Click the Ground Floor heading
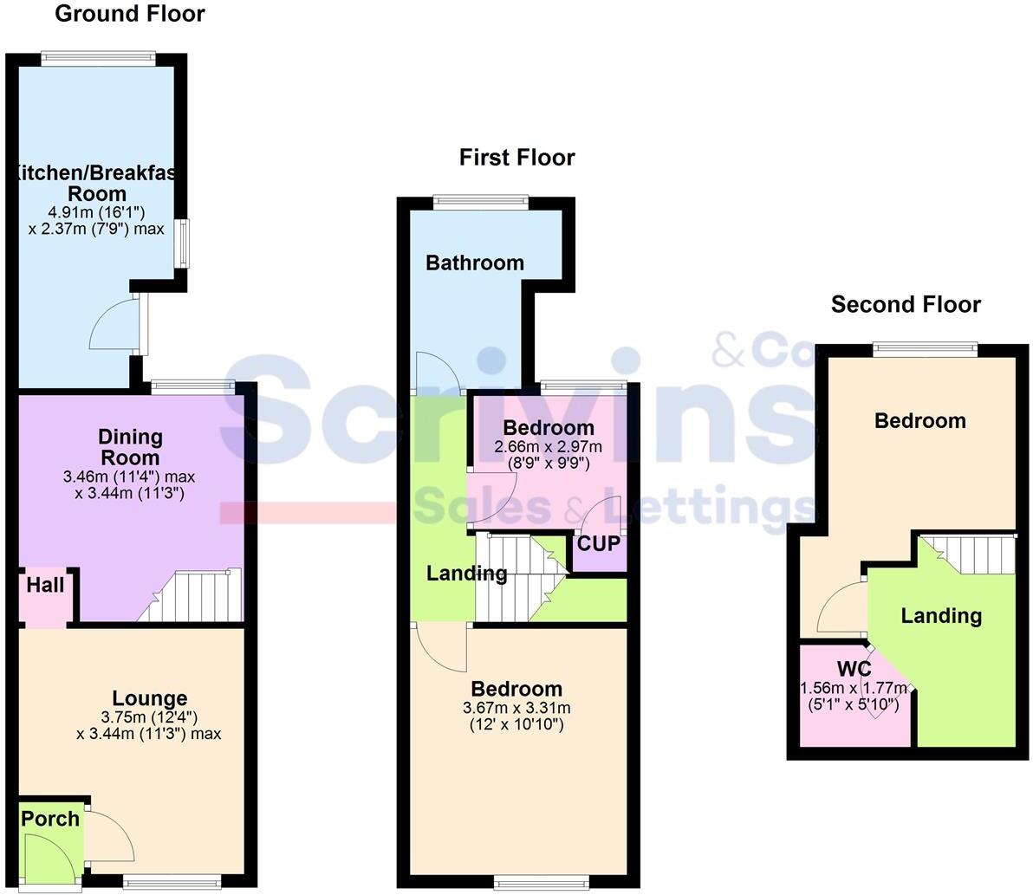pyautogui.click(x=130, y=14)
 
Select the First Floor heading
pyautogui.click(x=516, y=158)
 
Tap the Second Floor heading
pyautogui.click(x=906, y=305)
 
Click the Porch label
pyautogui.click(x=50, y=819)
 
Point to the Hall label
pyautogui.click(x=45, y=586)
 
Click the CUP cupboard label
pyautogui.click(x=598, y=545)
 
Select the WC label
pyautogui.click(x=854, y=670)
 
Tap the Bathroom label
pyautogui.click(x=475, y=263)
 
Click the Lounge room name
pyautogui.click(x=149, y=698)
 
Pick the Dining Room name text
pyautogui.click(x=130, y=447)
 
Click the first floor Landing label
pyautogui.click(x=466, y=574)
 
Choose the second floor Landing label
pyautogui.click(x=941, y=616)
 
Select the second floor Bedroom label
pyautogui.click(x=919, y=421)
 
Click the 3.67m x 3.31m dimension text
pyautogui.click(x=516, y=708)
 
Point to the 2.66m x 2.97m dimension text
pyautogui.click(x=548, y=446)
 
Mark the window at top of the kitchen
pyautogui.click(x=99, y=59)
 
